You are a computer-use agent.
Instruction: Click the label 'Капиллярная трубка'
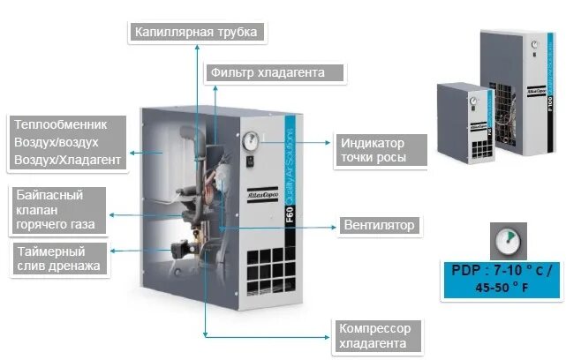(x=197, y=33)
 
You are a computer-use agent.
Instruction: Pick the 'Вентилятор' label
(x=380, y=225)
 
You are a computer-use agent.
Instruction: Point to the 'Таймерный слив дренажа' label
(x=58, y=258)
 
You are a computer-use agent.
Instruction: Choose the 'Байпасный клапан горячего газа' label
(x=58, y=210)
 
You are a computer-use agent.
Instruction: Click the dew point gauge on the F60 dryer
(x=248, y=139)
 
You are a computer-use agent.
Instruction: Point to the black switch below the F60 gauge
(x=250, y=160)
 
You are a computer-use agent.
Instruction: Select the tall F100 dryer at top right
(x=519, y=93)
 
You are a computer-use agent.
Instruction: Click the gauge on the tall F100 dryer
(x=535, y=41)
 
